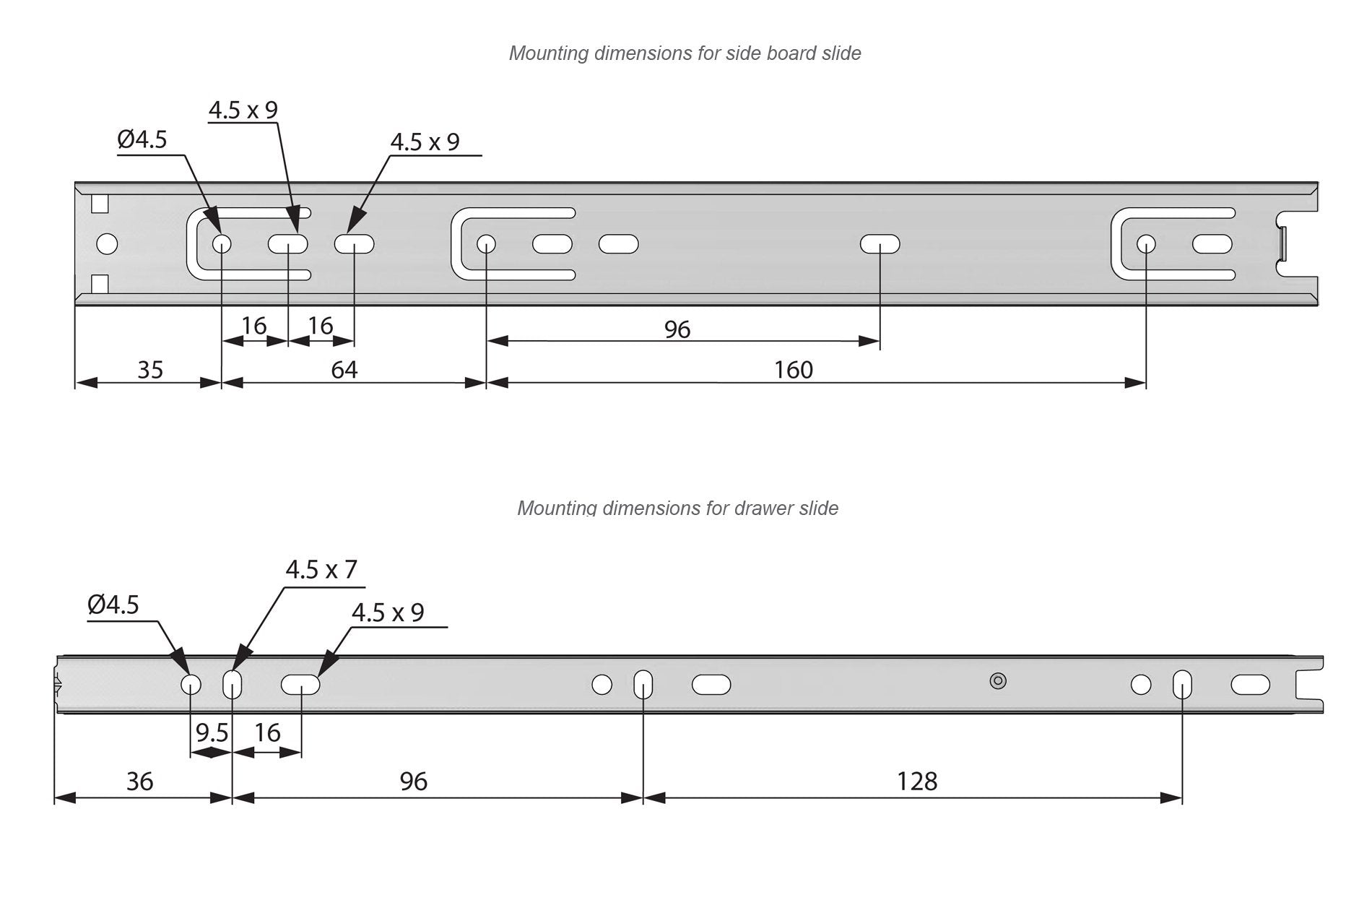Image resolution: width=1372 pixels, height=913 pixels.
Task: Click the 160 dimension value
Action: coord(794,370)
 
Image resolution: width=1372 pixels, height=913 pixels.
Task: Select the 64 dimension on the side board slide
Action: coord(344,370)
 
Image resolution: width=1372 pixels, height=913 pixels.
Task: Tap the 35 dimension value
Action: coord(150,370)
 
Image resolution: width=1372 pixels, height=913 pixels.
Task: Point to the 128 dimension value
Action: coord(917,782)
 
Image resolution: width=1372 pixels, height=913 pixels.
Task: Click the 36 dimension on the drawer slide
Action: coord(139,782)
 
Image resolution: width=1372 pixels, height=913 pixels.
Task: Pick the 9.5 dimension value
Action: coord(212,733)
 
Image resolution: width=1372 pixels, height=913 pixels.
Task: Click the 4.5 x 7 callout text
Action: coord(321,570)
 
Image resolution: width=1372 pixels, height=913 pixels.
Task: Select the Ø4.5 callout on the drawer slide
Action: coord(113,605)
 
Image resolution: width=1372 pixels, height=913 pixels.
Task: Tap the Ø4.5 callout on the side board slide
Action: coord(142,139)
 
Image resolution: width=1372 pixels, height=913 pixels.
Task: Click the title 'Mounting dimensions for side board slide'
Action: coord(685,53)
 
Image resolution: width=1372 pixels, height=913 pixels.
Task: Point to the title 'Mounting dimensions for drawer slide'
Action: coord(677,509)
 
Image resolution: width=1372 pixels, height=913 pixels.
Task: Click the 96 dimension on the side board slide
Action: coord(677,330)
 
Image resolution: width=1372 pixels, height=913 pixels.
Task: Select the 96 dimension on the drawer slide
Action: coord(413,782)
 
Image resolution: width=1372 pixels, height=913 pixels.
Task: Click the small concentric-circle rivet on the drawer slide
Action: coord(998,680)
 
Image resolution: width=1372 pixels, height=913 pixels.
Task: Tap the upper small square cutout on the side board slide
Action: coord(100,204)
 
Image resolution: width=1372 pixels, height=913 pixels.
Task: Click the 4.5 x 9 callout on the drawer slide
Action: coord(388,613)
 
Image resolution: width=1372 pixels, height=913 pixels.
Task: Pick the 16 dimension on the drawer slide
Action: coord(267,733)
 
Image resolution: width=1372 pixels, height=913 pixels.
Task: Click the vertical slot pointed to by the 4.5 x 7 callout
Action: coord(233,684)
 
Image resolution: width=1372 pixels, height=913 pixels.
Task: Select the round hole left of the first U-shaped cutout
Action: coord(107,244)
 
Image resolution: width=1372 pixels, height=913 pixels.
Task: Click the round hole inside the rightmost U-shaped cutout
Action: coord(1146,244)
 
